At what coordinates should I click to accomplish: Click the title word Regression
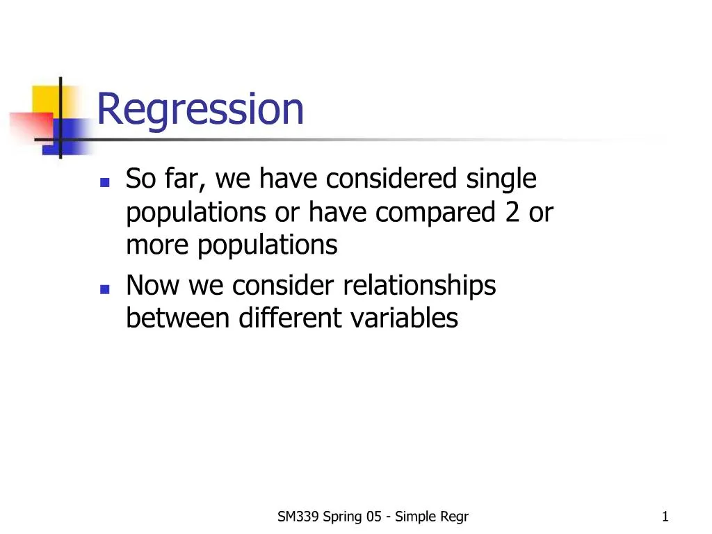click(200, 110)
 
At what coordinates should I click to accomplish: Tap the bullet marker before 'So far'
click(104, 183)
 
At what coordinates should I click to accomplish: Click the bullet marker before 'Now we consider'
click(104, 289)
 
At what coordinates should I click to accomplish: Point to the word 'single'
click(501, 180)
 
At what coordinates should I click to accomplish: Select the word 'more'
click(158, 245)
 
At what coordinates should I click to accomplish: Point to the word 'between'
click(177, 318)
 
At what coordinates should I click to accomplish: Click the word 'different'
click(289, 318)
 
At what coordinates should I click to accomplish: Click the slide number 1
click(665, 517)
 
